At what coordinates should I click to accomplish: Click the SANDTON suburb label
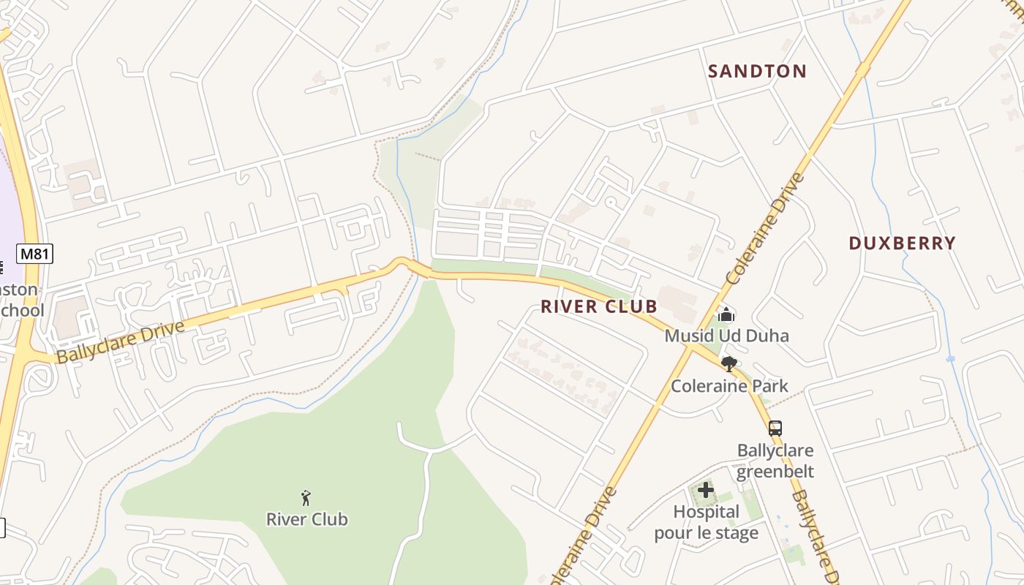pyautogui.click(x=757, y=71)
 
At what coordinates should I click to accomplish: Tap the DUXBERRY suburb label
pyautogui.click(x=902, y=244)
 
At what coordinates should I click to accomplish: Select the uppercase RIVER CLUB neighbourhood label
pyautogui.click(x=599, y=306)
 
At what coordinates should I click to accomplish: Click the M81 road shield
pyautogui.click(x=34, y=254)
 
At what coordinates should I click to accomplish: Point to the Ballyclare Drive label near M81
pyautogui.click(x=121, y=341)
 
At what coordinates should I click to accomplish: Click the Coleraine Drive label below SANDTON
pyautogui.click(x=766, y=228)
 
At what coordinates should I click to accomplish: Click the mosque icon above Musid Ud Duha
pyautogui.click(x=726, y=315)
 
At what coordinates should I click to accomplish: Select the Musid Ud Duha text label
pyautogui.click(x=726, y=336)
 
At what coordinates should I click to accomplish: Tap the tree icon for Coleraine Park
pyautogui.click(x=729, y=364)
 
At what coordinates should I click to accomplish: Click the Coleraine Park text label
pyautogui.click(x=729, y=385)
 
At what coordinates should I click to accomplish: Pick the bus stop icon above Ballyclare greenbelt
pyautogui.click(x=775, y=429)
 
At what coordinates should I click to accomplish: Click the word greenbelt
pyautogui.click(x=775, y=471)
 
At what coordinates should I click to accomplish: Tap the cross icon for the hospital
pyautogui.click(x=706, y=490)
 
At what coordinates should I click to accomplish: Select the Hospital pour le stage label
pyautogui.click(x=706, y=522)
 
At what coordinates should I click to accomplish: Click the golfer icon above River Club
pyautogui.click(x=306, y=499)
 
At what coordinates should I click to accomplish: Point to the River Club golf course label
pyautogui.click(x=306, y=519)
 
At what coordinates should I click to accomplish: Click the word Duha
pyautogui.click(x=768, y=336)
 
